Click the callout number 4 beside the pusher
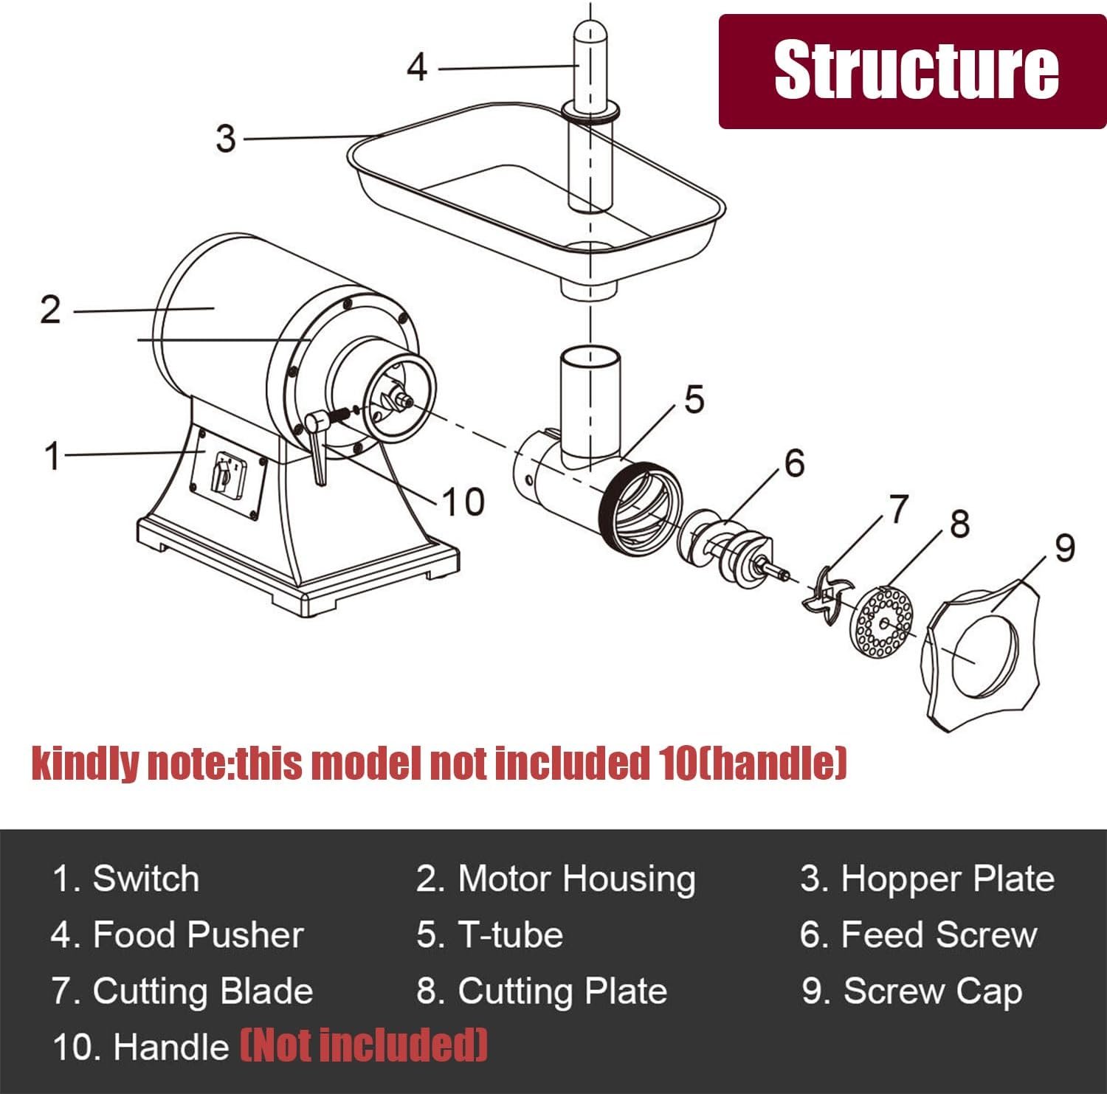click(417, 68)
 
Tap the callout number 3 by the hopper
click(226, 139)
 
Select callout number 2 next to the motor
click(50, 310)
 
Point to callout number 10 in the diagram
click(463, 502)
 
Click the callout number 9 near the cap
click(1063, 548)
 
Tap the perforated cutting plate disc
click(883, 622)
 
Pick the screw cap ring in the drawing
click(980, 653)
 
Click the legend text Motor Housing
click(576, 879)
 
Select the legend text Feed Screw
click(939, 935)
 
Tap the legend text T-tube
click(511, 935)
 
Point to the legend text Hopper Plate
click(948, 879)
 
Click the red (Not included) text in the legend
click(364, 1046)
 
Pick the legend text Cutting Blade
click(203, 991)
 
